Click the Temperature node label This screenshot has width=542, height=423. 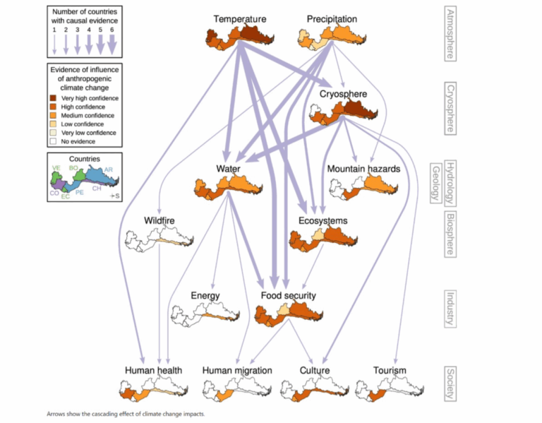click(240, 19)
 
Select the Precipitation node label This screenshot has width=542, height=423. click(332, 19)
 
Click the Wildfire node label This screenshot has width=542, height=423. click(159, 221)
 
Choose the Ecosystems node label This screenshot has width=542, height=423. click(323, 221)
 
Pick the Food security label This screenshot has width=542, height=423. click(288, 296)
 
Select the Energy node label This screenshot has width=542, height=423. click(205, 296)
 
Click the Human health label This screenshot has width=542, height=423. click(153, 371)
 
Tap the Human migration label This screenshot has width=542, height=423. click(237, 371)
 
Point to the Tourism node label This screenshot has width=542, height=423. click(390, 371)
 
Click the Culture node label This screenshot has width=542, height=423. click(314, 371)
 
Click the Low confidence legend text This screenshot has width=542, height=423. click(84, 124)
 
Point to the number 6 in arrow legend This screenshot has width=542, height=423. click(111, 30)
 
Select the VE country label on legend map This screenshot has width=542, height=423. click(55, 168)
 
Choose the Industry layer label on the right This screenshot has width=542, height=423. click(449, 309)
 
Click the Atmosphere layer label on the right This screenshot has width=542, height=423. click(449, 32)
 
